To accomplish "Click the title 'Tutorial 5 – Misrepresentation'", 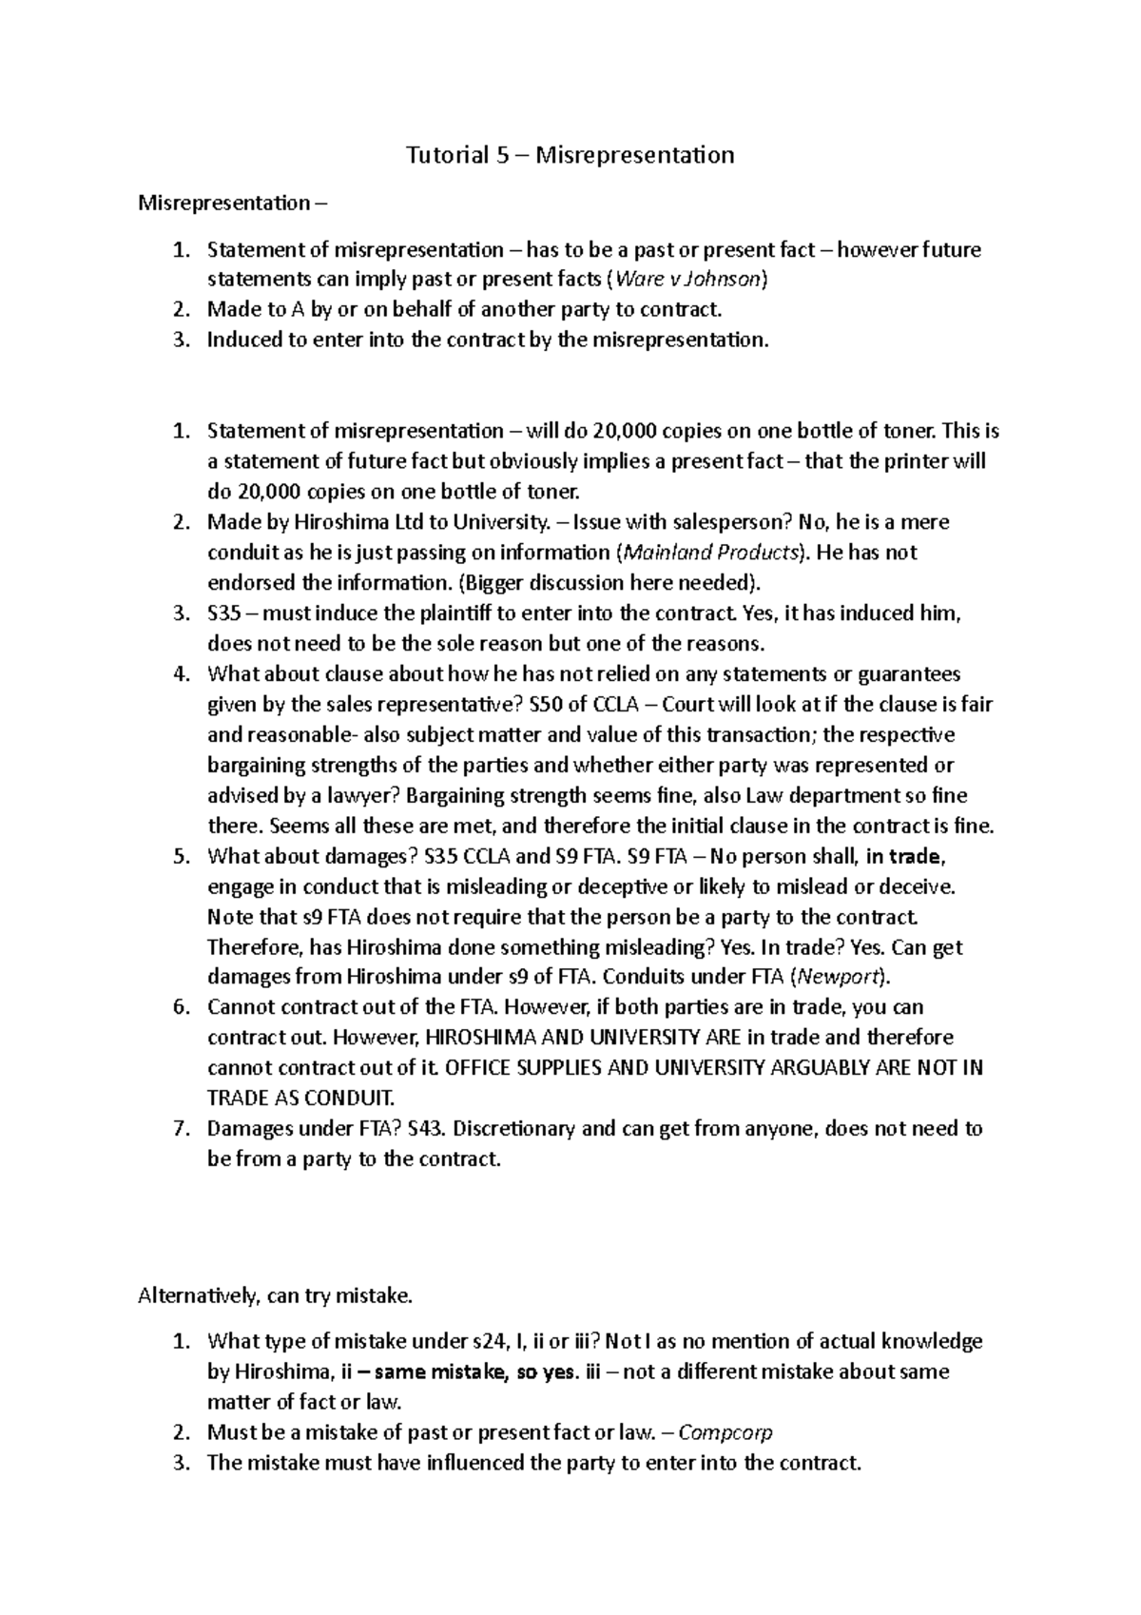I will point(570,155).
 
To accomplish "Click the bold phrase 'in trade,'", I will point(905,856).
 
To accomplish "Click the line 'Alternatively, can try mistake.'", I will point(276,1295).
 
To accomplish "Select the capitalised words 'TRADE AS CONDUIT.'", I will point(300,1099).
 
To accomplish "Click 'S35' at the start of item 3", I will point(226,613).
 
